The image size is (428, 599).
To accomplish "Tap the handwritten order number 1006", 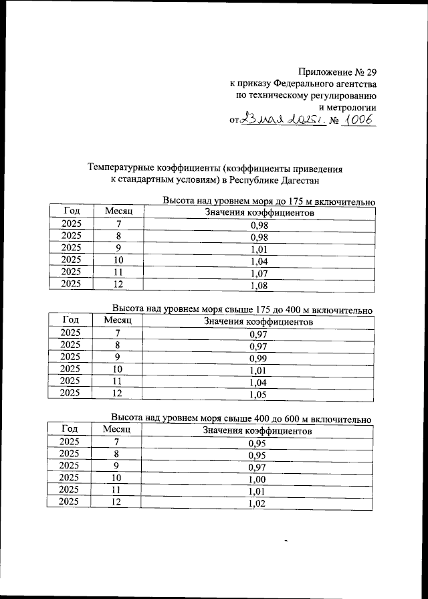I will coord(358,120).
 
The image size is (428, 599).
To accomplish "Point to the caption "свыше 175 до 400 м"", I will coord(274,310).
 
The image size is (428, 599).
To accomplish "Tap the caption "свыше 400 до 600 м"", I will coord(274,419).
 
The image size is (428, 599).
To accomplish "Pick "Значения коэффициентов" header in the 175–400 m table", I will coord(257,322).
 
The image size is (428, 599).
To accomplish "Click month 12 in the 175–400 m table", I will coord(119,393).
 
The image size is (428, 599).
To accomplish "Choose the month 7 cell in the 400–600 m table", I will coord(119,442).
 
